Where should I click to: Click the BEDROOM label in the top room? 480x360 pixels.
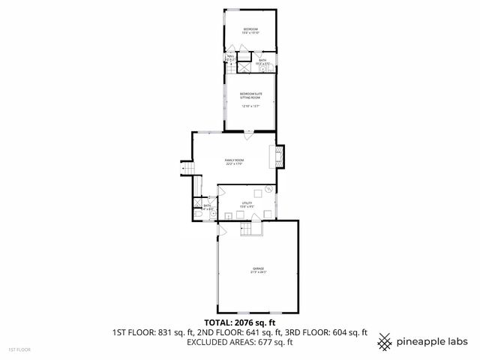tap(250, 28)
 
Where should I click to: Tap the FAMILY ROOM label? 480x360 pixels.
tap(235, 160)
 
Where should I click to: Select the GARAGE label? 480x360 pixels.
tap(258, 268)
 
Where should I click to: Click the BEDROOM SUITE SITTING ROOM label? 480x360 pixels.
tap(250, 95)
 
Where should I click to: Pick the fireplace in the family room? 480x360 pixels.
tap(280, 155)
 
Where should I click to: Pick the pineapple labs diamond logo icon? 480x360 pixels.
tap(385, 340)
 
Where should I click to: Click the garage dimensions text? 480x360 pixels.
tap(258, 272)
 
